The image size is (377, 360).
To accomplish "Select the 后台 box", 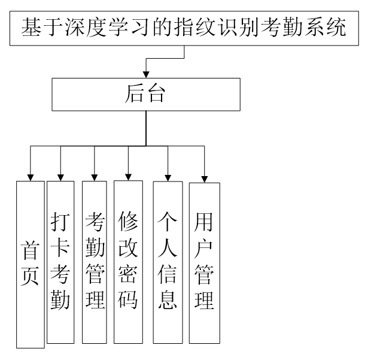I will (146, 94).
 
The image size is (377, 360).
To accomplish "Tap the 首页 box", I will (31, 264).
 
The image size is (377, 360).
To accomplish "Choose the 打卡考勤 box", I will (60, 262).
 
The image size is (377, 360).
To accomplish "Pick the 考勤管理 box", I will (95, 262).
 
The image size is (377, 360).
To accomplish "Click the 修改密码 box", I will (128, 262).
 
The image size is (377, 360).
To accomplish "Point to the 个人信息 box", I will (168, 262).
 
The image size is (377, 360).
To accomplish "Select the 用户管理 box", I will (204, 262).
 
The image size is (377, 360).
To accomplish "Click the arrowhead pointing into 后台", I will (146, 74).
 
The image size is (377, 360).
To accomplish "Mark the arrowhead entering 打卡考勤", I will (60, 173).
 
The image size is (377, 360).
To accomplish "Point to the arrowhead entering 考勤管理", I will (95, 174).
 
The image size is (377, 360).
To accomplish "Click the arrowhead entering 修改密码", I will (128, 174).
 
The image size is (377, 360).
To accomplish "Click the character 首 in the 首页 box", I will (31, 250).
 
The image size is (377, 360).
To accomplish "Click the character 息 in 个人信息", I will (168, 298).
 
